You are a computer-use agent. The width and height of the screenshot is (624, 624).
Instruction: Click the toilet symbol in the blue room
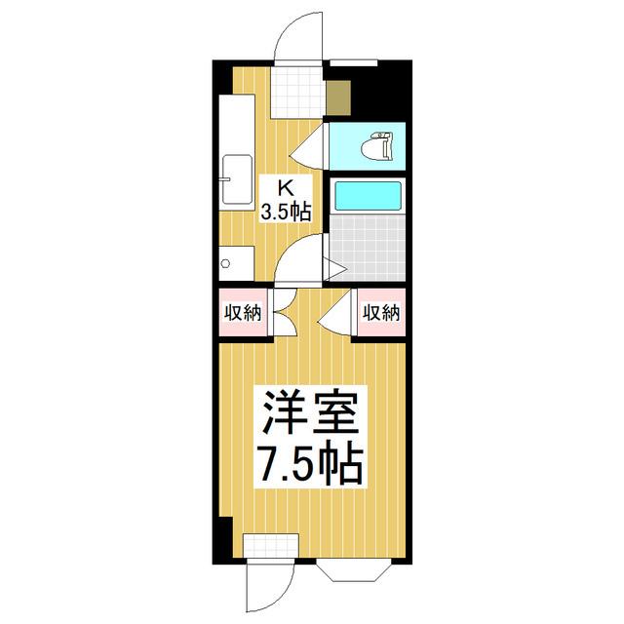pos(376,146)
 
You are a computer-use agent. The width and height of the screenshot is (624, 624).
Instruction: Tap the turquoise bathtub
pos(368,196)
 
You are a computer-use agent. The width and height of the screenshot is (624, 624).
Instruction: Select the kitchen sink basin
pos(237,179)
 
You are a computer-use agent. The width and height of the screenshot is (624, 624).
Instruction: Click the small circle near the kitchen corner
pos(225,263)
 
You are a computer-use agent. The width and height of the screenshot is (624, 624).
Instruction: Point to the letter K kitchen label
pos(286,187)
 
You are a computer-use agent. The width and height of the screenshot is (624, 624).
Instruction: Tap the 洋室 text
pos(310,412)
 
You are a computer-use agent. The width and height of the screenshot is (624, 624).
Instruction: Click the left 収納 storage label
pos(243,313)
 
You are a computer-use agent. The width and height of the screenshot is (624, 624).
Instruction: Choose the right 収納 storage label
pos(381,313)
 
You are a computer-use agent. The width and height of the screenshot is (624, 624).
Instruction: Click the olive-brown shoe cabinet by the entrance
pos(338,97)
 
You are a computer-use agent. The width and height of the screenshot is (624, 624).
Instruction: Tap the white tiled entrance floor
pos(296,92)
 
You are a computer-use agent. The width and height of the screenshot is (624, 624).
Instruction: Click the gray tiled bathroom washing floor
pos(368,248)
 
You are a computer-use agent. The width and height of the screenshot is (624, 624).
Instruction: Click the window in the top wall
pos(354,62)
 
